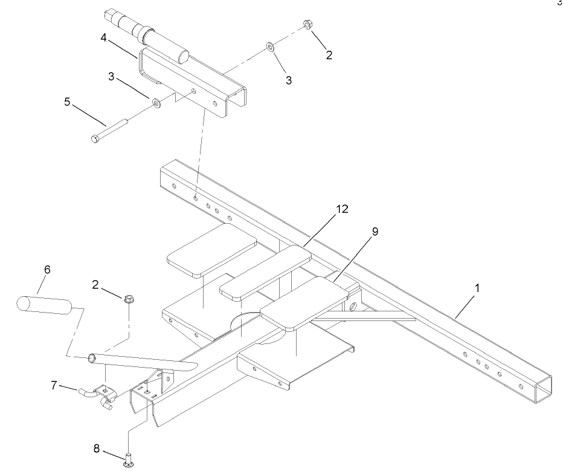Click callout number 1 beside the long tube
(477, 289)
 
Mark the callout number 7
(54, 385)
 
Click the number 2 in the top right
(329, 55)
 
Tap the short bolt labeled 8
(128, 460)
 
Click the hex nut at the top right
(307, 26)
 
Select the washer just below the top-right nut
(269, 47)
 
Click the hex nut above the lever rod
(127, 299)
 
